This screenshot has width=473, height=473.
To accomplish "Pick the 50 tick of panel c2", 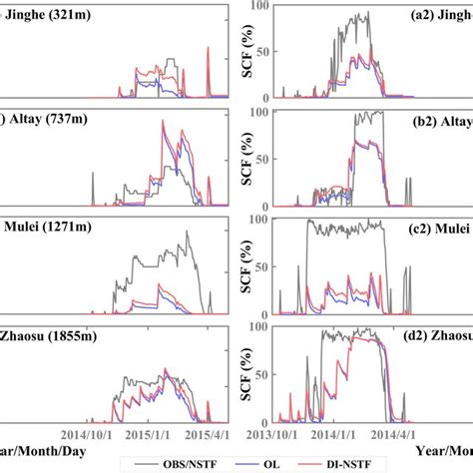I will coord(261,267).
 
